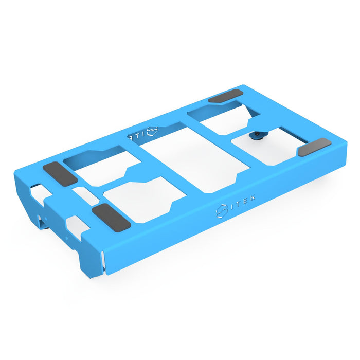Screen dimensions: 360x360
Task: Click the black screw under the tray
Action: point(256,136)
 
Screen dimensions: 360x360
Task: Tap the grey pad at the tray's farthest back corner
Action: point(225,96)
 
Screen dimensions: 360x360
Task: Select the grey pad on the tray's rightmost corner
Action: point(314,147)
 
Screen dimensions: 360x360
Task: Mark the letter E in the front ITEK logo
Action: point(248,199)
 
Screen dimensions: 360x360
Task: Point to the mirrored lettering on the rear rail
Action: point(135,136)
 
